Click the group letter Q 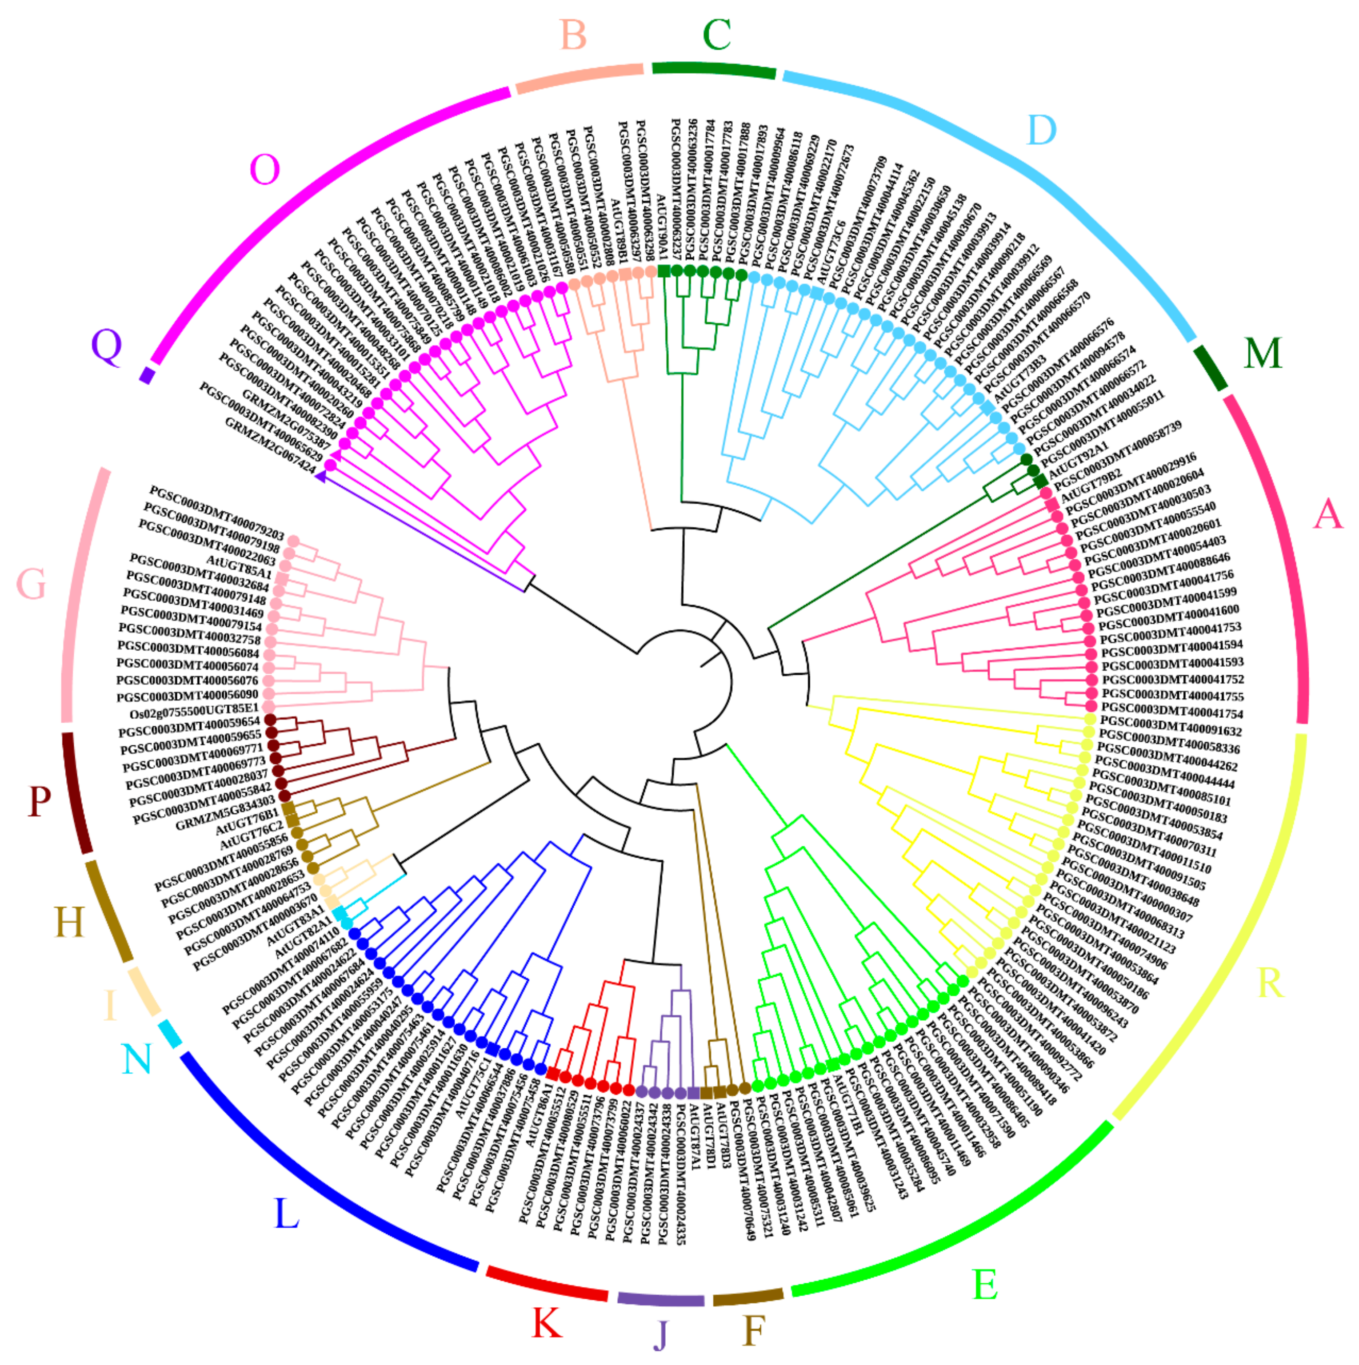click(107, 346)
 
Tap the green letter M click(1262, 353)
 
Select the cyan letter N click(136, 1059)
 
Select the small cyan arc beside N click(170, 1034)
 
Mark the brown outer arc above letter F click(747, 1297)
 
